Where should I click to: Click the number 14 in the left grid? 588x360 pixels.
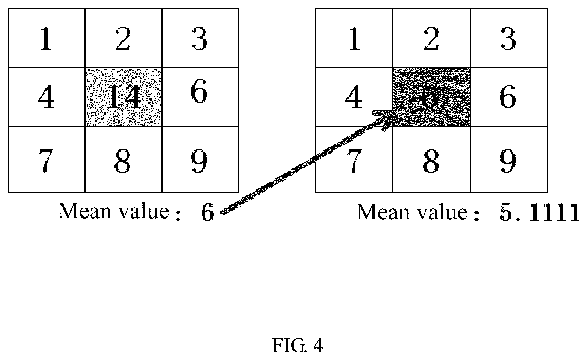(124, 97)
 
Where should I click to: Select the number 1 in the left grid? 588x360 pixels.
(46, 39)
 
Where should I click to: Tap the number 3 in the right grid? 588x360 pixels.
(508, 39)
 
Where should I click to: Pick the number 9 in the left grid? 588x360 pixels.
(199, 161)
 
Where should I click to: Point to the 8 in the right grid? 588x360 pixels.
(431, 161)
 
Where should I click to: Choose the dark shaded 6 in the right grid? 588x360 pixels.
(430, 97)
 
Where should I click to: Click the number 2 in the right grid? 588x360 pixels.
(431, 39)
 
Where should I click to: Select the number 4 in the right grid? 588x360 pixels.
(353, 97)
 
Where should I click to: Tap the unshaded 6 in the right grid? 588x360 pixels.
(508, 97)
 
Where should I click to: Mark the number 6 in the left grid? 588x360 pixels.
(199, 91)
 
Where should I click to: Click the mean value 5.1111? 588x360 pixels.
(540, 213)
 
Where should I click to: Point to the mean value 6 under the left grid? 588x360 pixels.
(207, 213)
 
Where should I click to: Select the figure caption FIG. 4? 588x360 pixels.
(297, 345)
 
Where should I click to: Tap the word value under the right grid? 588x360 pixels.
(442, 211)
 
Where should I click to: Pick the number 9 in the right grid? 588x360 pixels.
(508, 161)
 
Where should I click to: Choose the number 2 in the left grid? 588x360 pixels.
(123, 39)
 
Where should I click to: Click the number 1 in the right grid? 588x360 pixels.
(354, 39)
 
